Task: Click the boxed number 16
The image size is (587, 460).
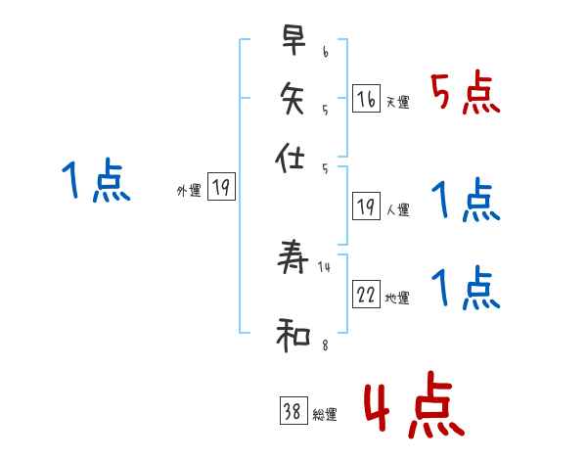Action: pyautogui.click(x=366, y=98)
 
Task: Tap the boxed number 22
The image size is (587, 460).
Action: pyautogui.click(x=366, y=295)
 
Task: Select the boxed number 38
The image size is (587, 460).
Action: pyautogui.click(x=293, y=411)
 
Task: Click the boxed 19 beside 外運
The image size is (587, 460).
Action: pyautogui.click(x=221, y=188)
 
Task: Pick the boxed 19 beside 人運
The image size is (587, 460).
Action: pyautogui.click(x=366, y=207)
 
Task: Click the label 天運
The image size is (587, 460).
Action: pyautogui.click(x=397, y=102)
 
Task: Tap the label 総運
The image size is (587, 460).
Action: pyautogui.click(x=325, y=415)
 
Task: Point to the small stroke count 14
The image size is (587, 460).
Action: pyautogui.click(x=325, y=266)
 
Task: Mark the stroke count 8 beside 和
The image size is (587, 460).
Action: pyautogui.click(x=325, y=345)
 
